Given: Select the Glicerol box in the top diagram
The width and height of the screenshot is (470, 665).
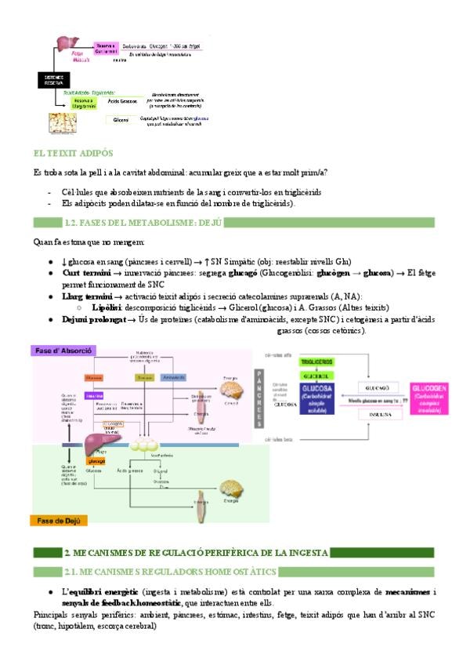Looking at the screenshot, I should pyautogui.click(x=120, y=120).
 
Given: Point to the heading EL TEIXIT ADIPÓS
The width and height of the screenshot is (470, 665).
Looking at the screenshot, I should pyautogui.click(x=74, y=153).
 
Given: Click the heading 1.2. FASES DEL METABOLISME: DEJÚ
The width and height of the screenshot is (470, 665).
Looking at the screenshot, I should pyautogui.click(x=144, y=223).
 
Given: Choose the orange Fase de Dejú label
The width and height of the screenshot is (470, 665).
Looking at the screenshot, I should pyautogui.click(x=59, y=520).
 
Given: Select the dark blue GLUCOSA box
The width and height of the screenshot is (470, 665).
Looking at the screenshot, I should pyautogui.click(x=316, y=396).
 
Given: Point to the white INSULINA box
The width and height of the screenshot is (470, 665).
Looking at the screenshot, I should pyautogui.click(x=380, y=415).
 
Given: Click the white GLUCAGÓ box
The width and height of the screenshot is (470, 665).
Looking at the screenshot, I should pyautogui.click(x=380, y=387).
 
